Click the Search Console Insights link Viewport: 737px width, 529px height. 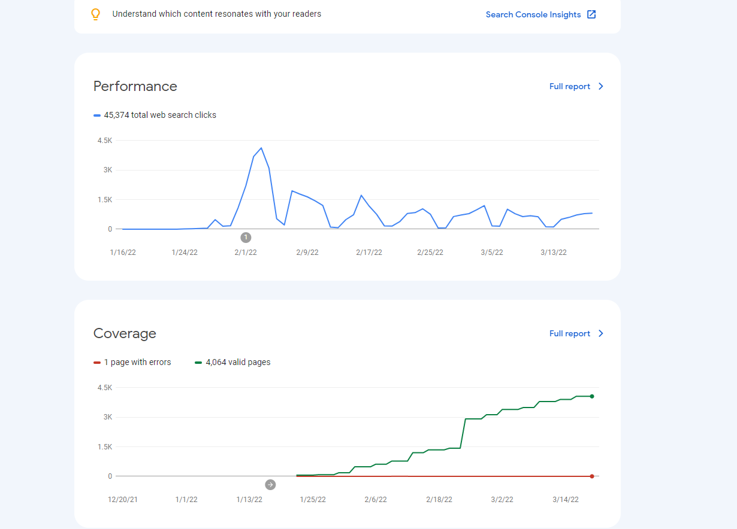(540, 14)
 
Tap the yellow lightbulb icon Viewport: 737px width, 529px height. (95, 14)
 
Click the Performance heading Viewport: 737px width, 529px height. (135, 86)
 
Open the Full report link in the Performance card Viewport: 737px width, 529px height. (576, 86)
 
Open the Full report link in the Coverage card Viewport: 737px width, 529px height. (576, 333)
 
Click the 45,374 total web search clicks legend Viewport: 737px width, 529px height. (155, 115)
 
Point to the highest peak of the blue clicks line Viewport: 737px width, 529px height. (261, 148)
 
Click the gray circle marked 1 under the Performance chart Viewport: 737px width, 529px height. (246, 237)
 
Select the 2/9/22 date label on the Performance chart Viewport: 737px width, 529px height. (307, 253)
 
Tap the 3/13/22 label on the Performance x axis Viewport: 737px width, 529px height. (554, 253)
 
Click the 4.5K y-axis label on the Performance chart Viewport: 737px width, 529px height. (105, 141)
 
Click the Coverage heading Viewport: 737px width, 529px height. (125, 333)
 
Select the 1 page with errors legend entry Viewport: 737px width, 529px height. (132, 362)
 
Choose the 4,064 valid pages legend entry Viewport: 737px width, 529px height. (232, 362)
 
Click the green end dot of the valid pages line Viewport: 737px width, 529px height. (592, 396)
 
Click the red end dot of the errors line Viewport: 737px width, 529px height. (592, 476)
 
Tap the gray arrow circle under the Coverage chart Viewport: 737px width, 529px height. (270, 484)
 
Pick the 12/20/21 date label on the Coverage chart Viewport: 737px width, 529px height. (123, 500)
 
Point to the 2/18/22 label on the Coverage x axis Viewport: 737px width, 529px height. (439, 500)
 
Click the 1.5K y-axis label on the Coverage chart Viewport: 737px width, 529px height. (105, 447)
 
